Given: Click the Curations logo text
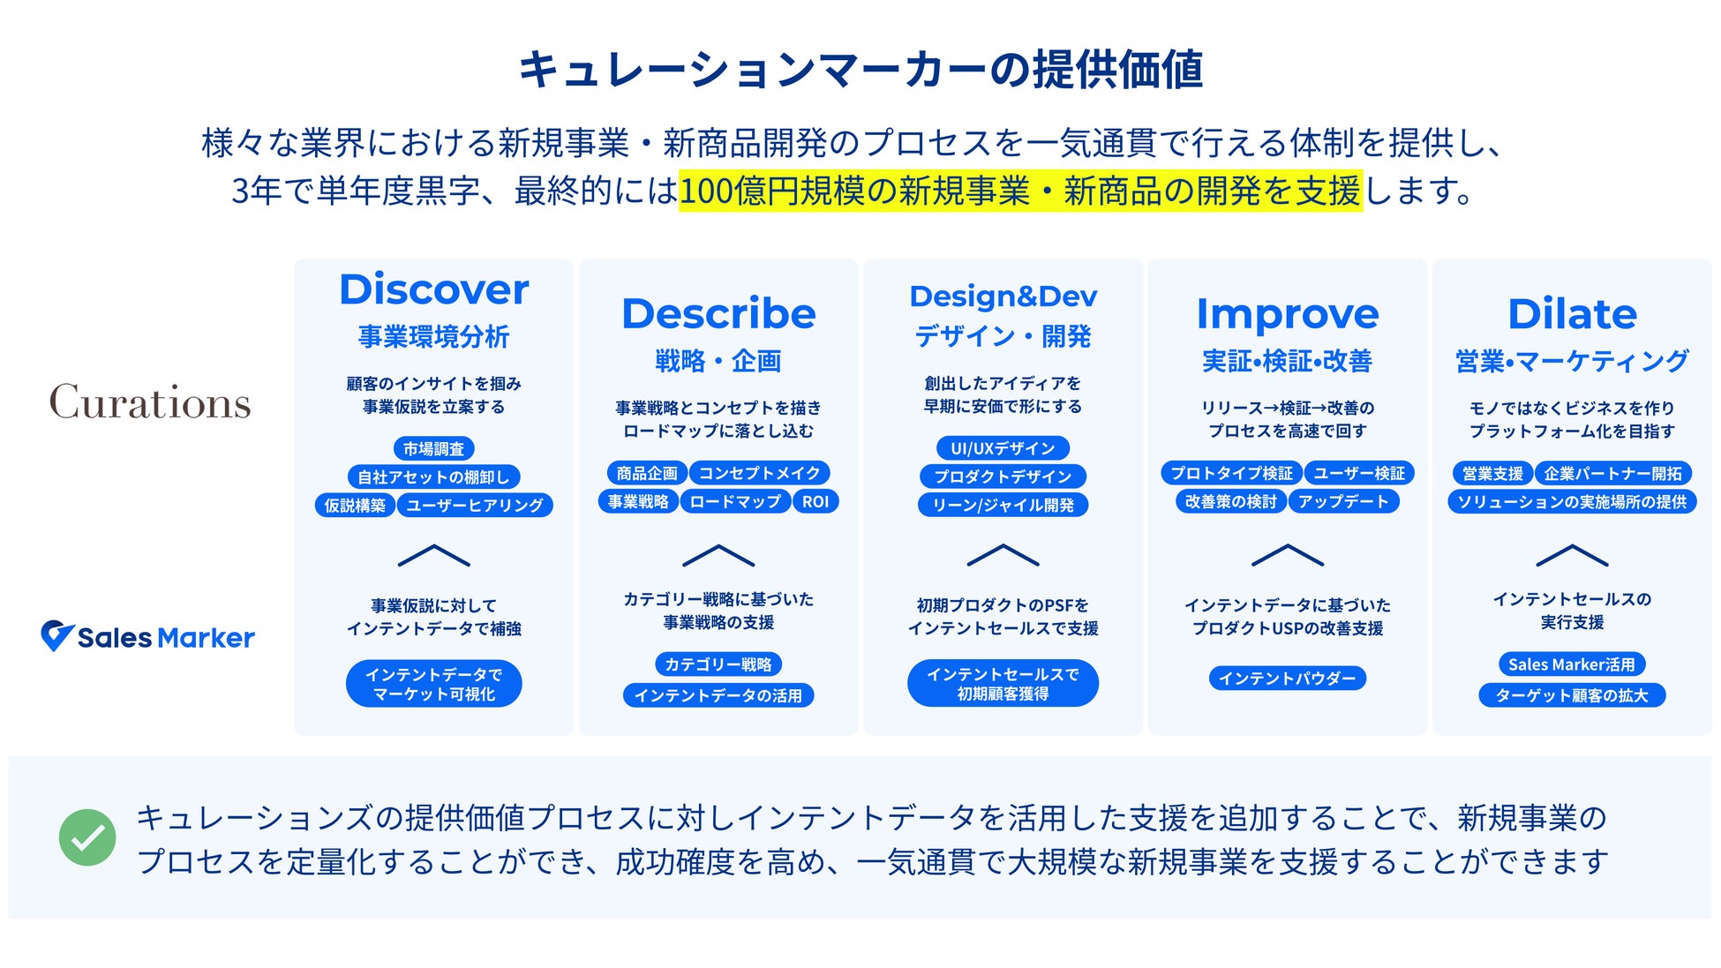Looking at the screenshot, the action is coord(150,402).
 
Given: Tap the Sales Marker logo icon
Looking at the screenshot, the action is coord(56,635).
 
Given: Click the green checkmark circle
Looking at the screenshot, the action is coord(87,837).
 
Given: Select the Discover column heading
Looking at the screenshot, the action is coord(434,289).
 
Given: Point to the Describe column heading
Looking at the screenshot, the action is coord(718,313).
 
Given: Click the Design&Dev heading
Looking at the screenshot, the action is coord(1003,296).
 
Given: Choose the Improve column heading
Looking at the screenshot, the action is coord(1288,314).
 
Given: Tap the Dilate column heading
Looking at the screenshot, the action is coord(1572,313).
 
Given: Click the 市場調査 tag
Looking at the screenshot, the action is coord(433,448).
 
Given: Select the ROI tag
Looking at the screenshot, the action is coord(815,501).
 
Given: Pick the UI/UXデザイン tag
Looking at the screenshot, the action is coord(1003,448).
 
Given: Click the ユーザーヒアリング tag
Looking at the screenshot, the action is coord(475,505).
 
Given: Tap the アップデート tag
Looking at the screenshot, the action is coord(1343,501).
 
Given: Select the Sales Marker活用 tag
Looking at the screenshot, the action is coord(1571,664).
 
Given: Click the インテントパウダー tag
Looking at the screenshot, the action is coord(1287,678).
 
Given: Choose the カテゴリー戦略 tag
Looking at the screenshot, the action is coord(718,664).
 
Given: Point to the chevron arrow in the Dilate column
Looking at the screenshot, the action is coord(1572,555).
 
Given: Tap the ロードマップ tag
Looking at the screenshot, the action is coord(735,501).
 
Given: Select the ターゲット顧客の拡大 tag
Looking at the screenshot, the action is coord(1571,695).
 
